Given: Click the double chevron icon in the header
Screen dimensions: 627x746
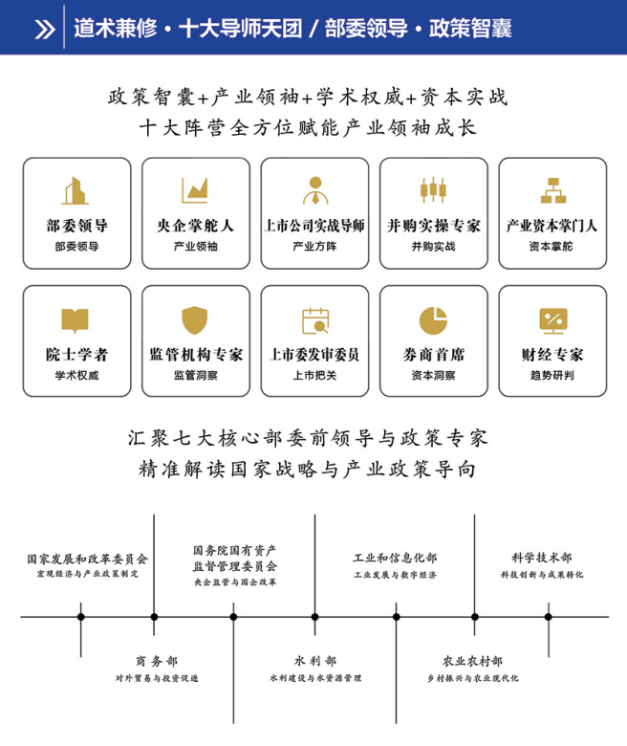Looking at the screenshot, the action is tap(45, 29).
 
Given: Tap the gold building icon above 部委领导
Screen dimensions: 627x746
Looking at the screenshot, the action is tap(76, 190).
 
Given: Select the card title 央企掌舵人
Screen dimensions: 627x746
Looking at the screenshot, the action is tap(195, 226).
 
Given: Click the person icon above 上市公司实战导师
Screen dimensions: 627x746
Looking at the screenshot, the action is tap(315, 190).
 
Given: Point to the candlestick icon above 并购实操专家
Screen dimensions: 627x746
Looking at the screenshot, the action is tap(433, 189).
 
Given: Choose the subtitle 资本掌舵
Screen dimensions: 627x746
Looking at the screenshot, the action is tap(551, 247).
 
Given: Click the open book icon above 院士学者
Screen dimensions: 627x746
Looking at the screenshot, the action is tap(76, 320).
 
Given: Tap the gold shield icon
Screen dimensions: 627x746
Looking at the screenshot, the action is tap(195, 319).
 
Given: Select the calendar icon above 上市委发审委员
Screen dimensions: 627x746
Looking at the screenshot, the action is tap(315, 320).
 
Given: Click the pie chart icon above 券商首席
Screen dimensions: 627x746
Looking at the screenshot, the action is tap(433, 320).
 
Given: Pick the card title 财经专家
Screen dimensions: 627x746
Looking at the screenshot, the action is tap(552, 355).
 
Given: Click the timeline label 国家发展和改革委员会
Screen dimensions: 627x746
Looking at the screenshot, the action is tap(88, 559).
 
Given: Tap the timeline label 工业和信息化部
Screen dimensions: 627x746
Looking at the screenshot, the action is tap(395, 558).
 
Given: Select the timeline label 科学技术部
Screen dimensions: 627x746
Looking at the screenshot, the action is tap(542, 558).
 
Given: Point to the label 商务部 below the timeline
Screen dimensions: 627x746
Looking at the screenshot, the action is tap(157, 661).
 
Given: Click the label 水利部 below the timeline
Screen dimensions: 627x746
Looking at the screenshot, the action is tap(315, 661).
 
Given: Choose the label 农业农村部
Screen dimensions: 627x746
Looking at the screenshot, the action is tap(472, 661).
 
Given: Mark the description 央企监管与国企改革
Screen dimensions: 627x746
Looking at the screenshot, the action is tap(235, 582).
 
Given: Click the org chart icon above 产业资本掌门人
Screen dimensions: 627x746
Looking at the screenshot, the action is tap(552, 190).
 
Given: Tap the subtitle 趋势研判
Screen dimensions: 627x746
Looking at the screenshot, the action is tap(552, 375).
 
